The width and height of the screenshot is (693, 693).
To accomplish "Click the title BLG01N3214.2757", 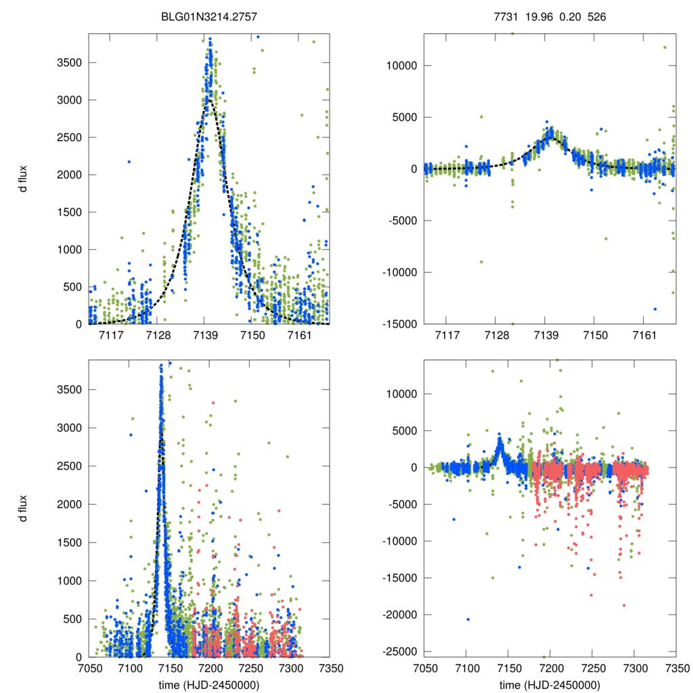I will pyautogui.click(x=209, y=16).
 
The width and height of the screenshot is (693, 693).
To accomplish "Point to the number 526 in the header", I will pyautogui.click(x=596, y=16).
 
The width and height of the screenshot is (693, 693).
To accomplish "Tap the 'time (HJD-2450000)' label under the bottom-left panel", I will pyautogui.click(x=209, y=685).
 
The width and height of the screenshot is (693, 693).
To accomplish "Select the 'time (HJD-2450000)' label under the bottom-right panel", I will pyautogui.click(x=550, y=685).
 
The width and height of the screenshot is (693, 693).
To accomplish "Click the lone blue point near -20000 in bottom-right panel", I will pyautogui.click(x=468, y=619).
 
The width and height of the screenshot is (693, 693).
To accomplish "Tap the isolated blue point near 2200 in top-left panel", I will pyautogui.click(x=129, y=161).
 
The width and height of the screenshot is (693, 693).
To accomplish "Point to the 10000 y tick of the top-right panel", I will pyautogui.click(x=401, y=66).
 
